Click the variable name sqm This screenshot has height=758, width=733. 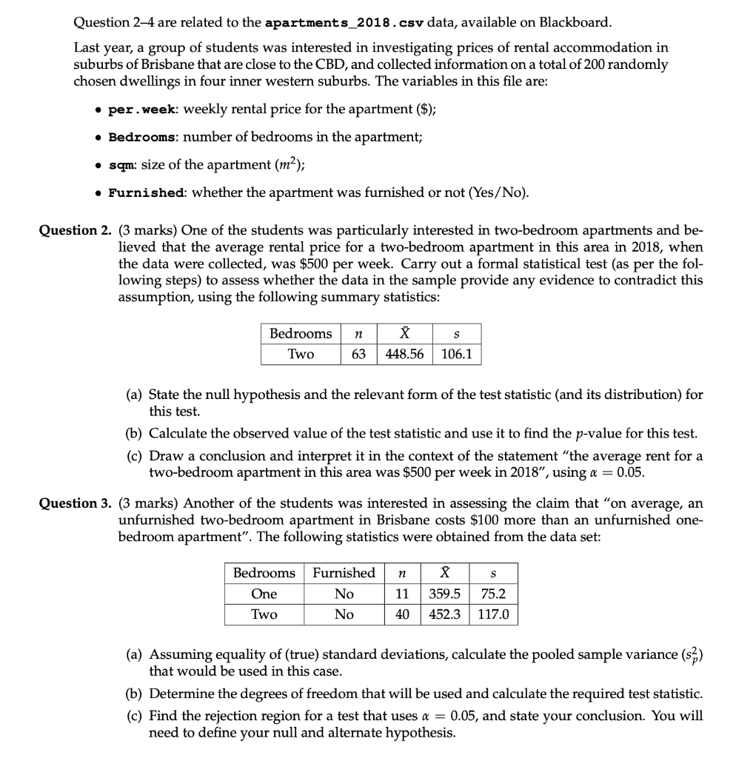tap(121, 166)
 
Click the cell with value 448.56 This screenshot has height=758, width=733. tap(405, 355)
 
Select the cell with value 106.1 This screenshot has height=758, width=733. tap(457, 355)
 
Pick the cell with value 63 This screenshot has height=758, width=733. tap(358, 355)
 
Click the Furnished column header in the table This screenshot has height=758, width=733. tap(344, 573)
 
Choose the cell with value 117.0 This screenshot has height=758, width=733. tap(492, 615)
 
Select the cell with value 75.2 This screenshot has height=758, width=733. tap(492, 594)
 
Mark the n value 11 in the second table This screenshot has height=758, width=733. tap(402, 594)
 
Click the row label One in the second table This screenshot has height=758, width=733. tap(264, 594)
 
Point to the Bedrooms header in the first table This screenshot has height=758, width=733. tap(301, 334)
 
